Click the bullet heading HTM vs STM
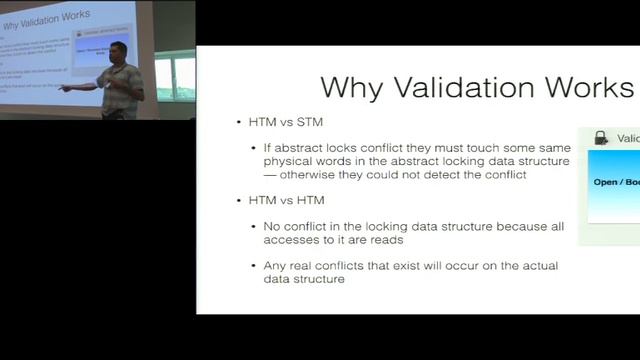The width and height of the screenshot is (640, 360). [278, 124]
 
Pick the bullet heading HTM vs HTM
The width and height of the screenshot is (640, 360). [278, 201]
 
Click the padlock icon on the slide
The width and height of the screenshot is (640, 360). [601, 138]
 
